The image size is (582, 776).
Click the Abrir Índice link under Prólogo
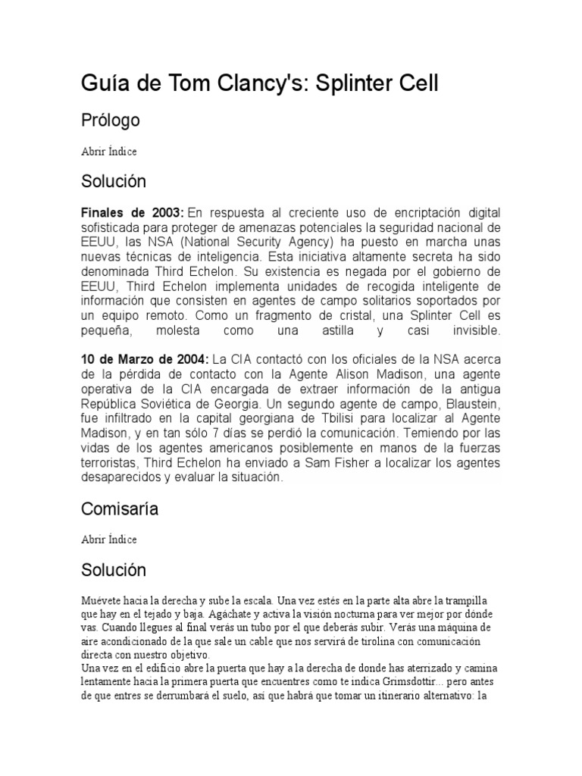pos(109,151)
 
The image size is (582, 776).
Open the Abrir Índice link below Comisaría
pos(109,539)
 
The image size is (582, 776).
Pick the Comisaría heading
pos(120,509)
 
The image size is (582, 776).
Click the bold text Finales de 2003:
pos(132,213)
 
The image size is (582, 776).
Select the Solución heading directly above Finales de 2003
pos(113,182)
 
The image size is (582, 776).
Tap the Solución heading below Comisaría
pos(113,570)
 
